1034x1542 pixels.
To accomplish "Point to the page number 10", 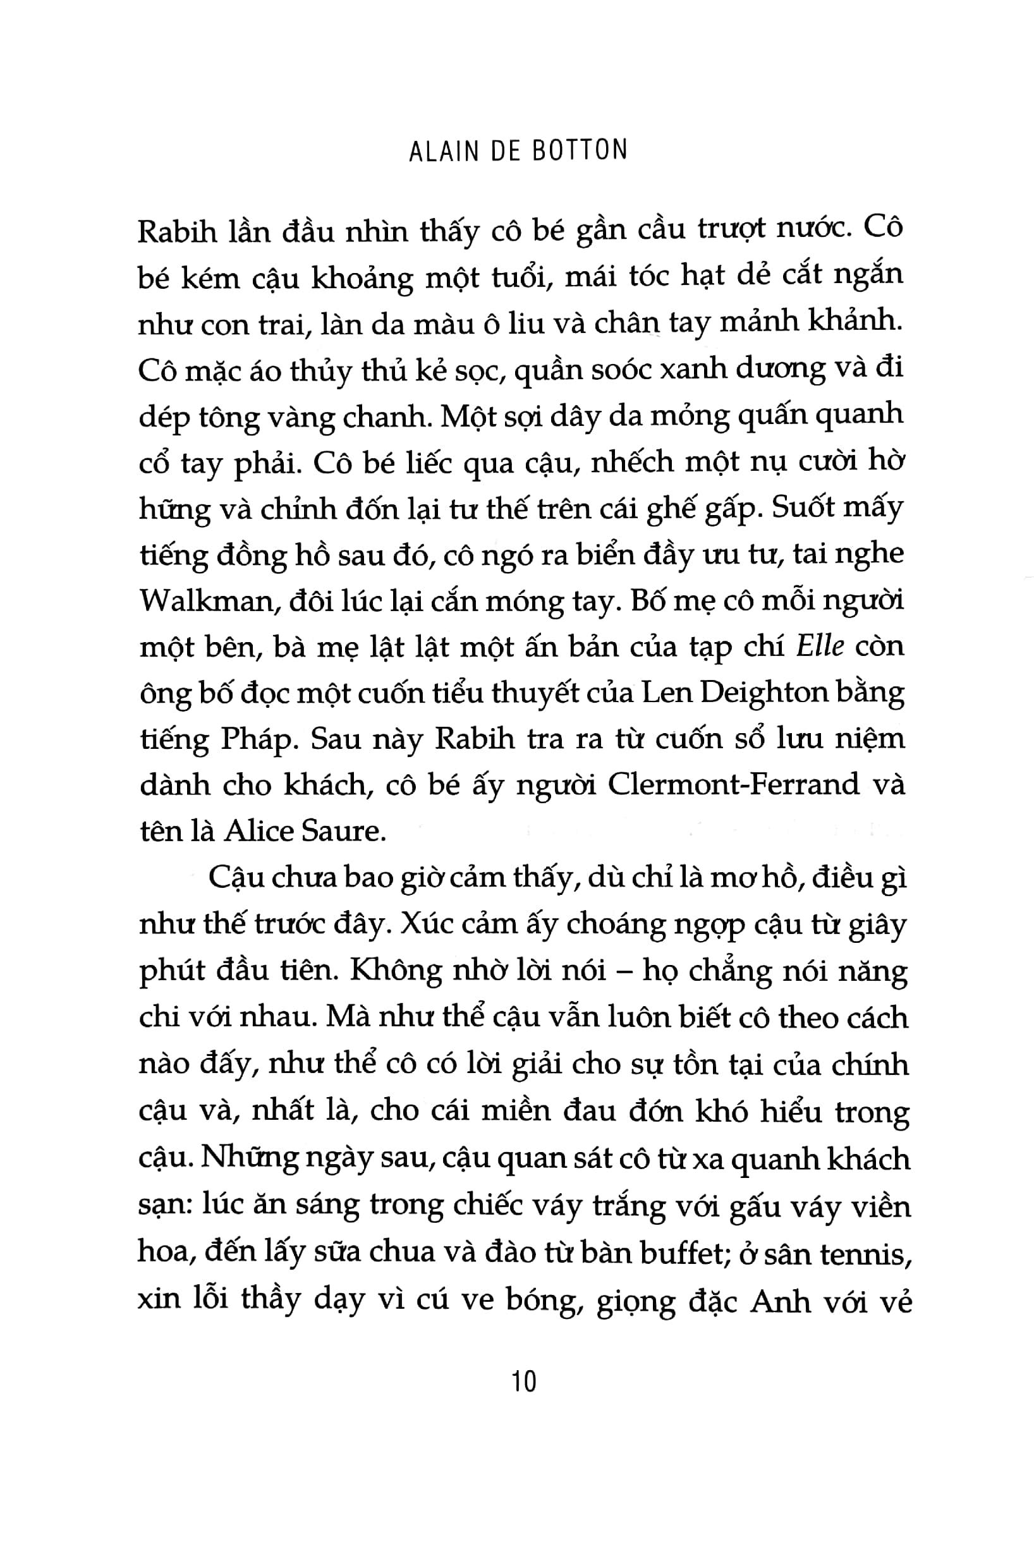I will click(523, 1380).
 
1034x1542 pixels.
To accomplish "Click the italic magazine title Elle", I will click(820, 646).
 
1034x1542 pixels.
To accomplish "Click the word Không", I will click(396, 971).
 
